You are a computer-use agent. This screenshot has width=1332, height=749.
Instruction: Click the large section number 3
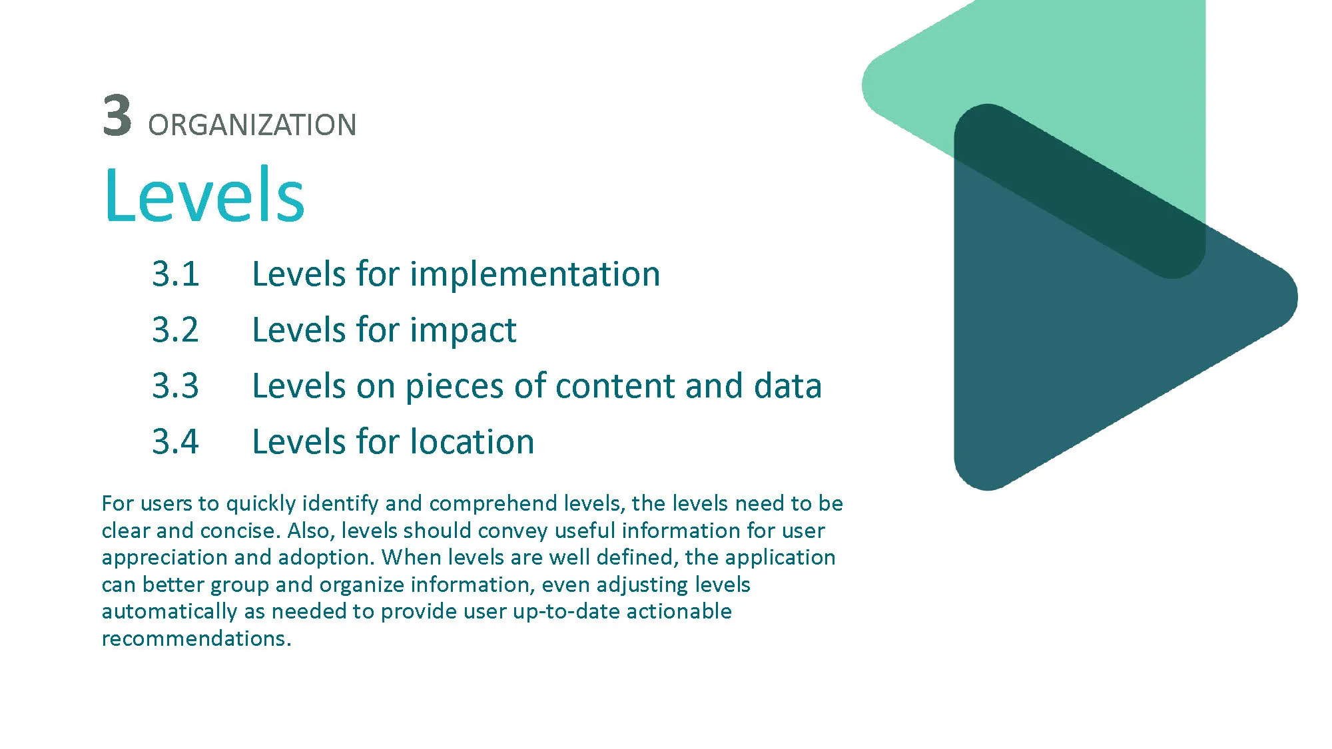click(117, 115)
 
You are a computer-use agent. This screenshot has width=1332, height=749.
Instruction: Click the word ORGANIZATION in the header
click(252, 125)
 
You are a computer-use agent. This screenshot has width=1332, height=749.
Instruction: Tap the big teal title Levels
click(204, 194)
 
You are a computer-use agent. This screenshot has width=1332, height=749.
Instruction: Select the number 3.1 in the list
click(176, 274)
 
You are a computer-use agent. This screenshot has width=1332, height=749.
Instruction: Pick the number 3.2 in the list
click(176, 330)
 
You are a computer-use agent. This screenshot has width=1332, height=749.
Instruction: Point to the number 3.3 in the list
click(176, 385)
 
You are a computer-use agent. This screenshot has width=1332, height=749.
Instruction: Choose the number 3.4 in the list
click(176, 441)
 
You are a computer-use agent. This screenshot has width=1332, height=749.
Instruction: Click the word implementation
click(535, 274)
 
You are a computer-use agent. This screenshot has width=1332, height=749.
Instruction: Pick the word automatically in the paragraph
click(169, 612)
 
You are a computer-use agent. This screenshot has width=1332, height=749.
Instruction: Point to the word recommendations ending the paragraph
click(196, 638)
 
